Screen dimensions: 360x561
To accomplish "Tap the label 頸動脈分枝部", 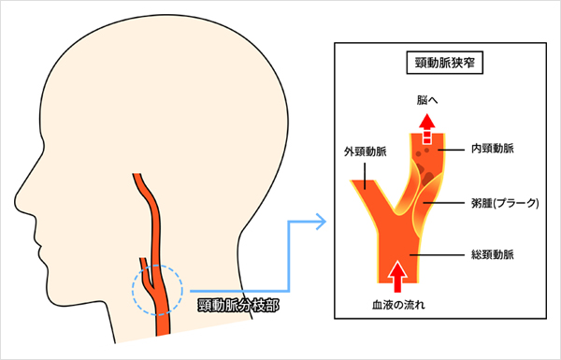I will coord(236,305).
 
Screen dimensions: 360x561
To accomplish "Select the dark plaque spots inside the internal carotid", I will coord(423,169).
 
